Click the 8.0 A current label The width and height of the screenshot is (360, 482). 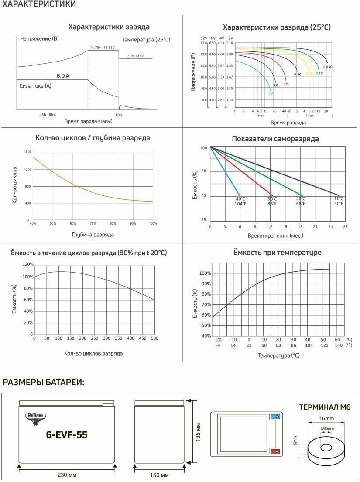[x=62, y=75]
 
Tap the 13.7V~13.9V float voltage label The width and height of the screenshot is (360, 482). [x=134, y=56]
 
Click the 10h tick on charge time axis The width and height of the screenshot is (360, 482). [x=118, y=114]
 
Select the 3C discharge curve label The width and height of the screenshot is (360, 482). [x=271, y=93]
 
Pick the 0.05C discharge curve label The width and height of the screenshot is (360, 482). [x=328, y=67]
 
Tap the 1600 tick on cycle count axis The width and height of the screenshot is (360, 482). [x=28, y=152]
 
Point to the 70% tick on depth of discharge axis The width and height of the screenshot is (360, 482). [x=93, y=223]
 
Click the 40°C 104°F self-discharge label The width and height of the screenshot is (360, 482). [x=240, y=201]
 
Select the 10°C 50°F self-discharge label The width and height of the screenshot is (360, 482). [x=339, y=201]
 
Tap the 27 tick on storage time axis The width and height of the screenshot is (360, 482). [x=345, y=227]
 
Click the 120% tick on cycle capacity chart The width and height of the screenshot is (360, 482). [x=27, y=265]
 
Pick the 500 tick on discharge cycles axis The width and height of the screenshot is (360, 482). [x=154, y=338]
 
